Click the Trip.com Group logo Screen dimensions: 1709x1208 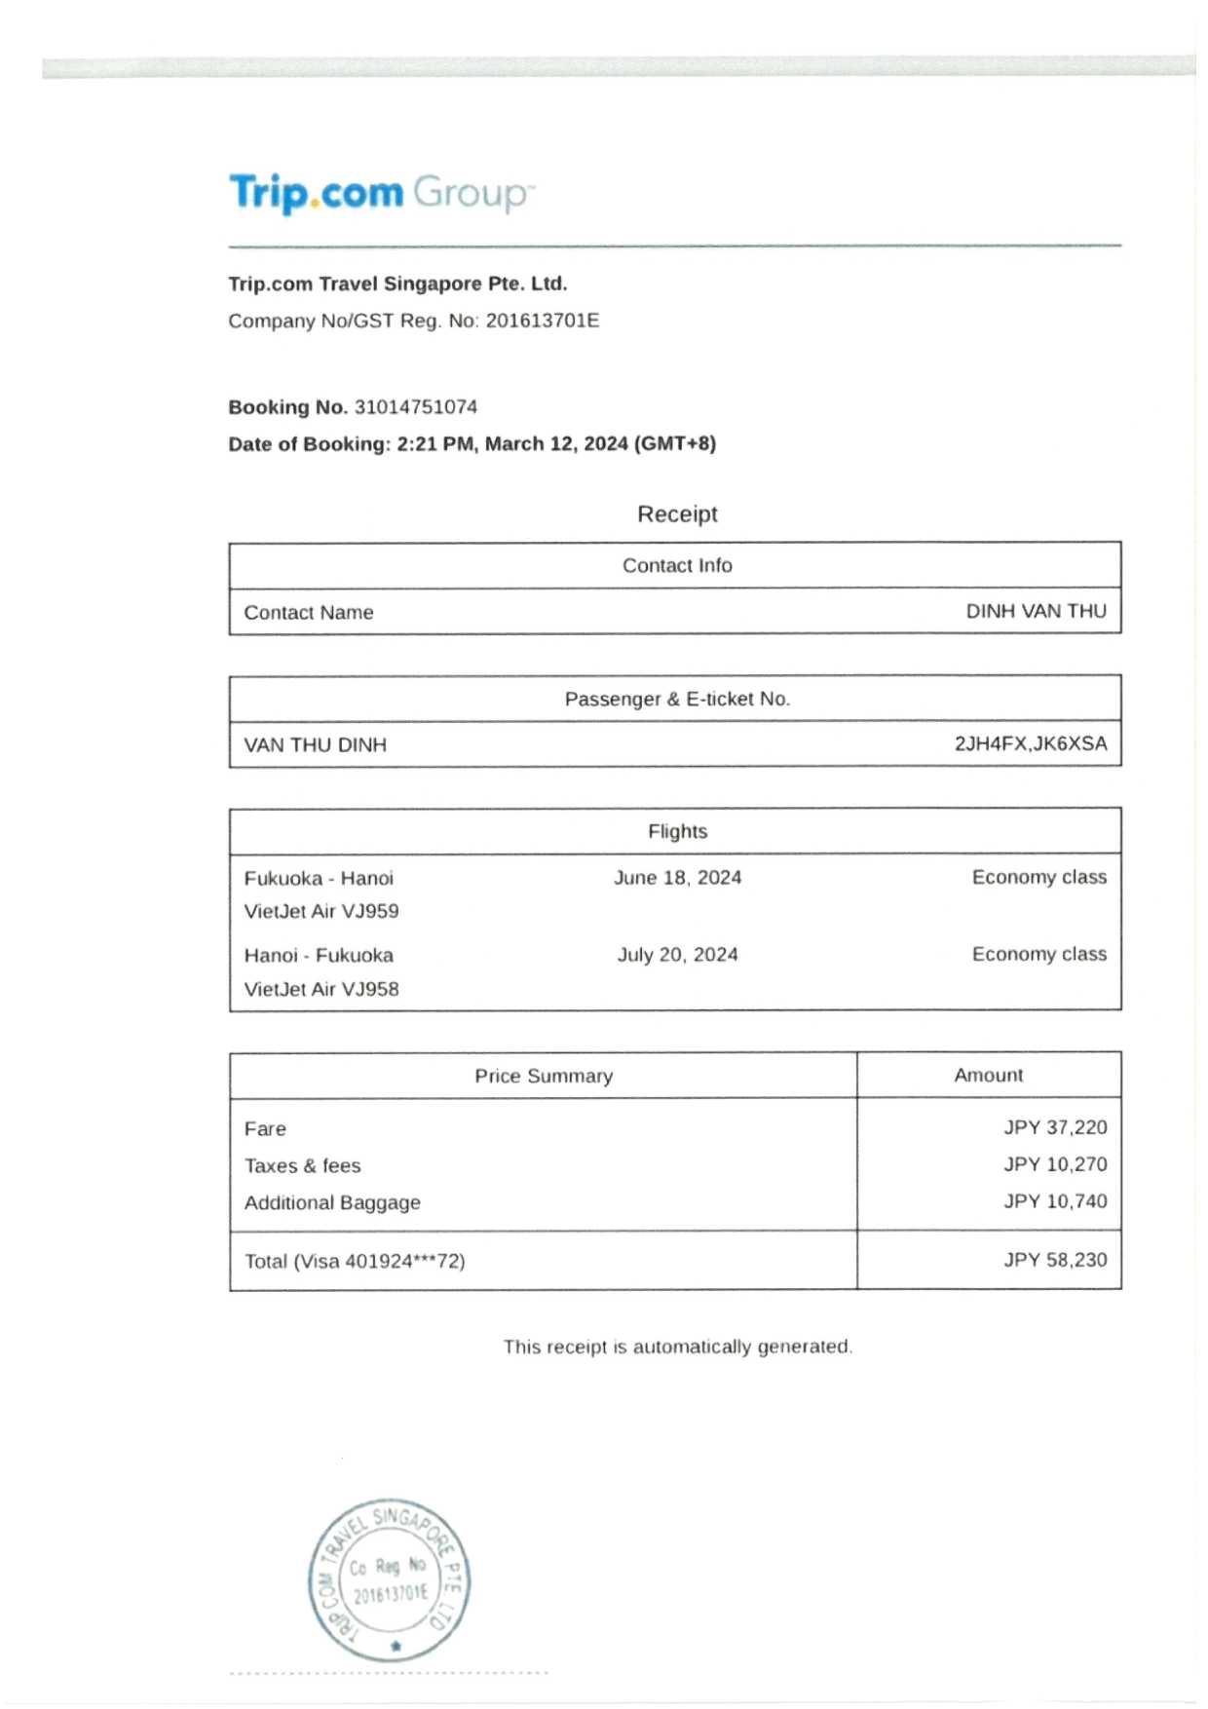381,193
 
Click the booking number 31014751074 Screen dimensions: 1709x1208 416,407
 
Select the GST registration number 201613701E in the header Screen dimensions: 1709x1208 543,321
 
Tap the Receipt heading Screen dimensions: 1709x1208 677,513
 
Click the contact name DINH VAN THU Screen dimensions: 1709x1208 1036,611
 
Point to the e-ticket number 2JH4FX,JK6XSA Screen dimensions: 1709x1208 1030,743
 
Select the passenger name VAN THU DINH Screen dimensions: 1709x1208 315,745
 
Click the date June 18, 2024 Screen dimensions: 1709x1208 677,877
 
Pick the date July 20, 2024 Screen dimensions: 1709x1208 677,954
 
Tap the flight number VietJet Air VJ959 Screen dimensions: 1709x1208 321,911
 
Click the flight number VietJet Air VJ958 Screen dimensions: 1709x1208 321,989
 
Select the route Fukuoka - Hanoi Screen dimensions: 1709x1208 319,878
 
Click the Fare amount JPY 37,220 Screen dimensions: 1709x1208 1055,1127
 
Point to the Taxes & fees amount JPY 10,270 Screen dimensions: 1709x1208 1055,1164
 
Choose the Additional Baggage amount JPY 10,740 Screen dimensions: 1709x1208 1055,1201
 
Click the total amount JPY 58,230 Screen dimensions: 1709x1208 1055,1260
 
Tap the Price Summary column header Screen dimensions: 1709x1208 544,1076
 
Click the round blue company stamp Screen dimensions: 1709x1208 390,1579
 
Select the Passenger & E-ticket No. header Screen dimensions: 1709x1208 677,699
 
